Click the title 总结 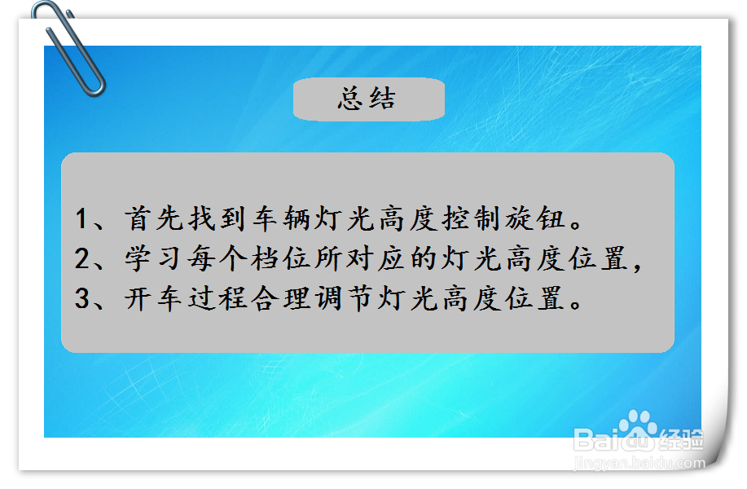(367, 99)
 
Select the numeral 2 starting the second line (81, 259)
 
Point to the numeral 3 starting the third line (81, 299)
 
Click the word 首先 (154, 218)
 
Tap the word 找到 (218, 218)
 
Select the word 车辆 (281, 218)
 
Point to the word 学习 (152, 259)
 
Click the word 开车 (153, 299)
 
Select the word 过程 (218, 299)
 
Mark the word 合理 (281, 299)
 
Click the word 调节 (344, 299)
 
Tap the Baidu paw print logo (638, 430)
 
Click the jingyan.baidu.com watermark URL (639, 463)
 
